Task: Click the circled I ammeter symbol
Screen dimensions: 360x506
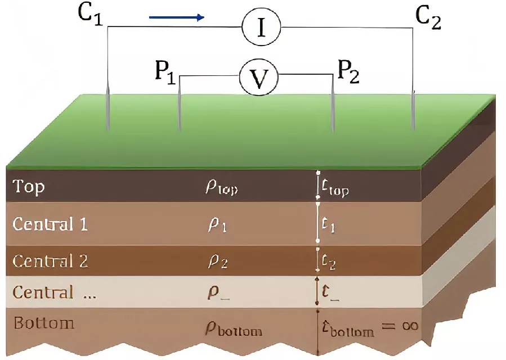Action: click(x=261, y=27)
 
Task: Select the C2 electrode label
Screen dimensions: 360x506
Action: click(x=428, y=19)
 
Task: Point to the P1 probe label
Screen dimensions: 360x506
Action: click(x=165, y=72)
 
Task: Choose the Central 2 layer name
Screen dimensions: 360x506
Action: click(x=50, y=261)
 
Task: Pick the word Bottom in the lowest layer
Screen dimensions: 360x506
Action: click(x=44, y=323)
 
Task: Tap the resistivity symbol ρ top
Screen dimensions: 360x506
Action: click(x=222, y=188)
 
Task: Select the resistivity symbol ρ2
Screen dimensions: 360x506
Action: click(x=217, y=262)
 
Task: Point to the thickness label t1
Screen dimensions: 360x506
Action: click(x=328, y=225)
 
